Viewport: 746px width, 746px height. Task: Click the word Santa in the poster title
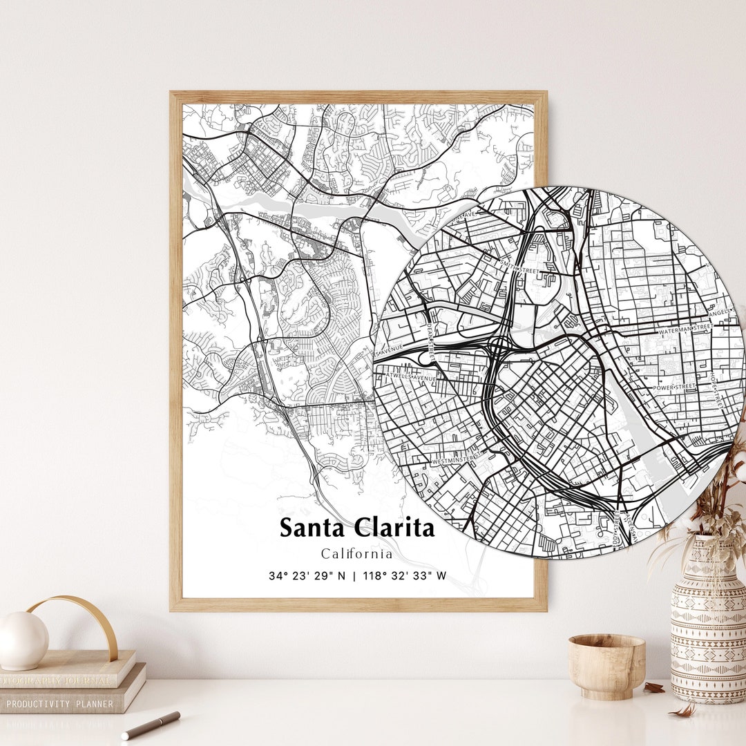click(x=313, y=528)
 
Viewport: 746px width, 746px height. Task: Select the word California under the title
click(x=356, y=553)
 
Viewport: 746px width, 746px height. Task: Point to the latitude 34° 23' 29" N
click(x=307, y=575)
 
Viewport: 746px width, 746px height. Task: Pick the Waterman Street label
click(x=685, y=330)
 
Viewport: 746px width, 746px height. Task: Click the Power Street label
click(x=673, y=388)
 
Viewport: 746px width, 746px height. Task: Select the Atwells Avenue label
click(x=414, y=378)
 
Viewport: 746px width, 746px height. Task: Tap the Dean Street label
click(x=430, y=339)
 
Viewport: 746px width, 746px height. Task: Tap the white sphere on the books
click(x=22, y=640)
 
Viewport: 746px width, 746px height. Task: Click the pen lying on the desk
click(x=151, y=725)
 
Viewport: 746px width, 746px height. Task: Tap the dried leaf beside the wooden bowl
click(x=652, y=687)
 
